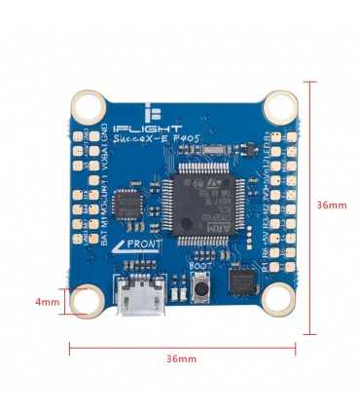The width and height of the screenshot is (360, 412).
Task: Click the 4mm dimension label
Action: tap(47, 302)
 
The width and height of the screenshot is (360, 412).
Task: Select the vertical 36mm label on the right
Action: tap(332, 206)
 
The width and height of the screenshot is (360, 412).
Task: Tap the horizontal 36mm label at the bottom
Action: tap(181, 359)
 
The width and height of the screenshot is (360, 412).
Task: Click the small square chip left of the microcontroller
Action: tap(126, 205)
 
